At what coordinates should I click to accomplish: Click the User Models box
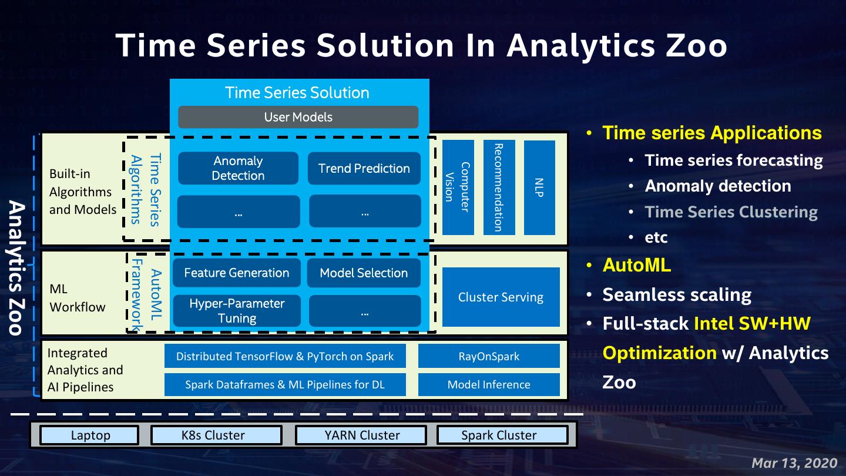click(298, 117)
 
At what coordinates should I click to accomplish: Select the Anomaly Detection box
click(238, 168)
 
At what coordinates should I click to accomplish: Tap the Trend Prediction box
click(364, 169)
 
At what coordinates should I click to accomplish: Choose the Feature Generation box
click(237, 273)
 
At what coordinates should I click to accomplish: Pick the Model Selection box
click(364, 273)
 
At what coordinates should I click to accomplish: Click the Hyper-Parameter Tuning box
click(237, 311)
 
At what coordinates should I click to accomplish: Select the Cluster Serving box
click(501, 297)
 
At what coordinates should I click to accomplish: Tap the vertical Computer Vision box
click(458, 187)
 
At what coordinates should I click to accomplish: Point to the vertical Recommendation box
click(499, 187)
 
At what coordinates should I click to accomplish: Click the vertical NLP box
click(539, 187)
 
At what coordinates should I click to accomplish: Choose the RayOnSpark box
click(489, 356)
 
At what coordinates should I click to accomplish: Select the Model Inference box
click(489, 385)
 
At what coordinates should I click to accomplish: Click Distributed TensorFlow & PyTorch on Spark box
click(285, 356)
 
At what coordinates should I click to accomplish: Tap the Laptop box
click(90, 435)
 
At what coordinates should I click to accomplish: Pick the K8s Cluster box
click(216, 435)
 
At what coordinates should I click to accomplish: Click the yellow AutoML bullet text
click(637, 265)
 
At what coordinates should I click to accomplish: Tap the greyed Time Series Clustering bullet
click(731, 212)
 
